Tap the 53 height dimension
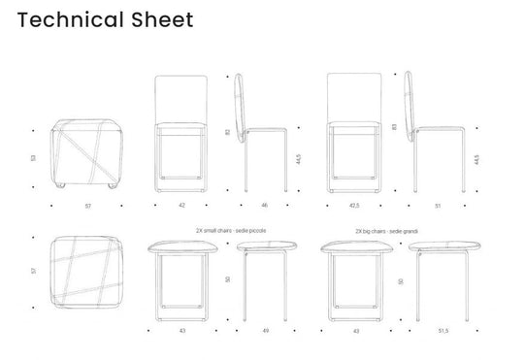tap(33, 156)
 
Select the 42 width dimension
tap(181, 206)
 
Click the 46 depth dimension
tap(263, 206)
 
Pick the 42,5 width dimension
tap(353, 206)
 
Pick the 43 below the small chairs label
tap(181, 330)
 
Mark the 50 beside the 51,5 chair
tap(401, 281)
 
